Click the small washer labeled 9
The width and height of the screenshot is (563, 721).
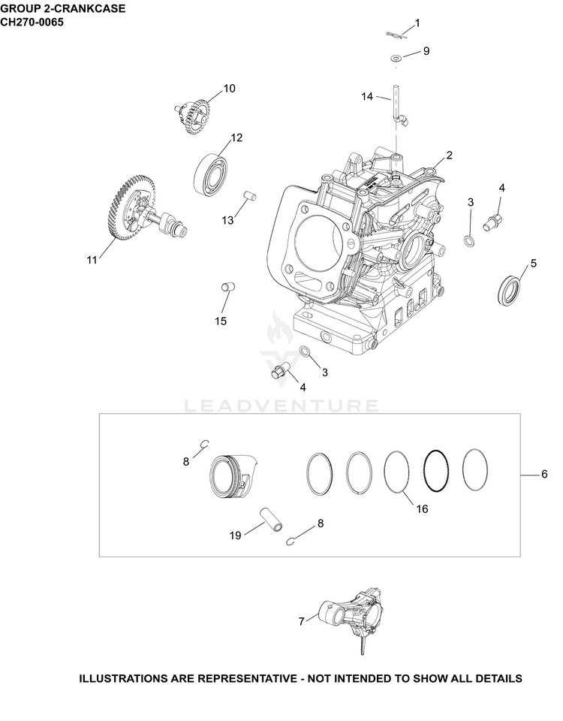click(x=396, y=58)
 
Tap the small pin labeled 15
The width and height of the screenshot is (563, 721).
click(x=228, y=287)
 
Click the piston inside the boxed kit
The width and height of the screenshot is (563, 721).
click(x=232, y=475)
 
